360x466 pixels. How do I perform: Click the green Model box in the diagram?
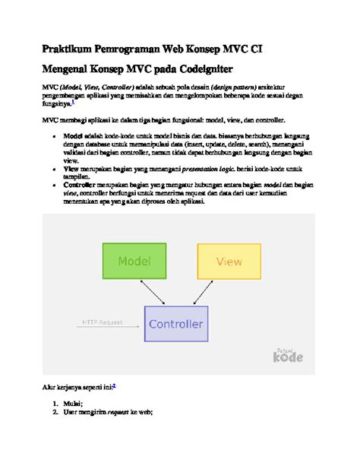pyautogui.click(x=134, y=262)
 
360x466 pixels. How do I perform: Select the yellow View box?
pyautogui.click(x=229, y=262)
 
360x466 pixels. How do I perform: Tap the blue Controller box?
pyautogui.click(x=176, y=325)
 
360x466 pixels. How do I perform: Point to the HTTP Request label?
pyautogui.click(x=103, y=323)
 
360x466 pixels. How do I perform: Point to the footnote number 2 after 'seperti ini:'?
pyautogui.click(x=114, y=385)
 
